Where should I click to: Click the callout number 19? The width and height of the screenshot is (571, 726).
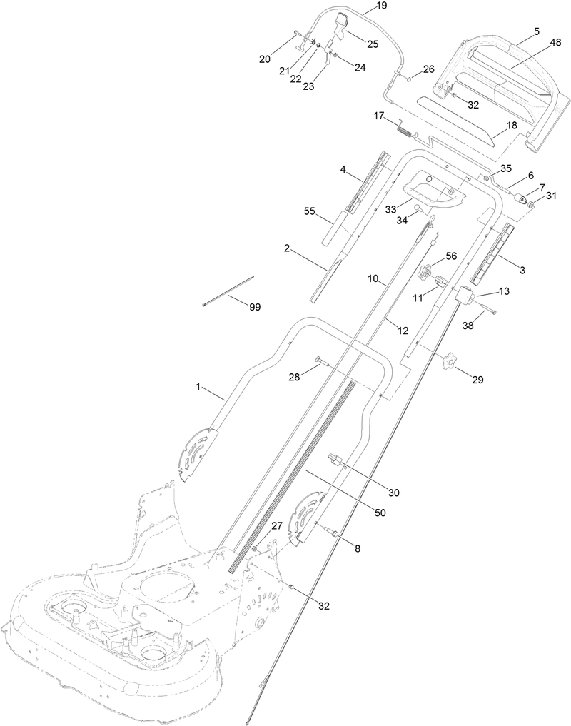click(381, 6)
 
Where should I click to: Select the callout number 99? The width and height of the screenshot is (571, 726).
click(254, 307)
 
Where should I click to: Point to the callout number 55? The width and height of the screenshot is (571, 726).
click(310, 212)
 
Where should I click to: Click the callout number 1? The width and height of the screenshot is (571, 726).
click(199, 386)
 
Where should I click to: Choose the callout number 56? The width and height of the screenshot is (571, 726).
click(451, 256)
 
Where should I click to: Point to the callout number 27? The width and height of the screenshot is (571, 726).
click(276, 525)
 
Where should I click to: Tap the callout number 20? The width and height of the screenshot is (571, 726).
click(265, 59)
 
